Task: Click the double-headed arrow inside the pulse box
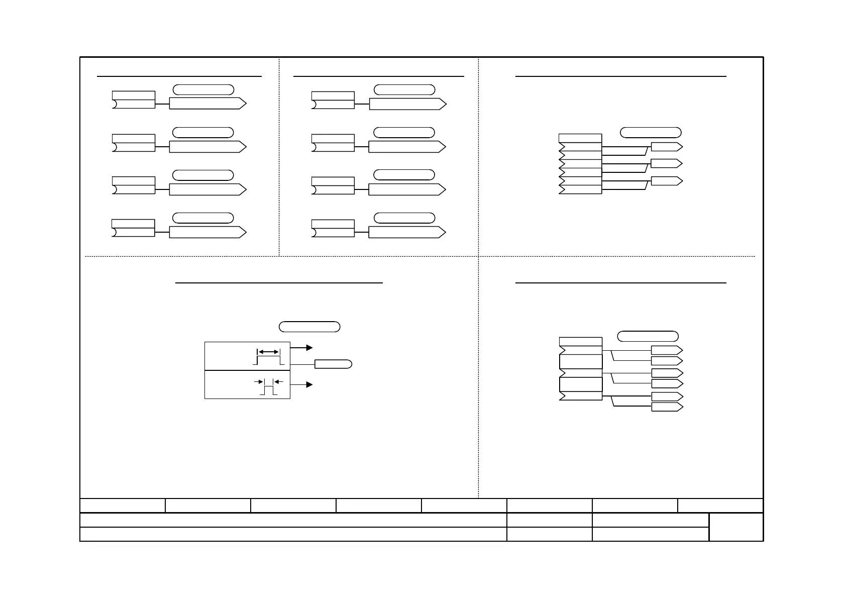pyautogui.click(x=268, y=352)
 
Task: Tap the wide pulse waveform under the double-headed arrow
pyautogui.click(x=268, y=360)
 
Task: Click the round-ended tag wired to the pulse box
pyautogui.click(x=333, y=364)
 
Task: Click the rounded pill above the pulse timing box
pyautogui.click(x=309, y=327)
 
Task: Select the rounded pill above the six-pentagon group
pyautogui.click(x=648, y=336)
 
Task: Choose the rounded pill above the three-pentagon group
pyautogui.click(x=651, y=133)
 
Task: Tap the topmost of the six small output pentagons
pyautogui.click(x=667, y=350)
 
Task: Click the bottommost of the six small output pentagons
pyautogui.click(x=667, y=407)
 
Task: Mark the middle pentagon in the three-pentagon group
pyautogui.click(x=667, y=163)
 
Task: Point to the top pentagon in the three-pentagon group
pyautogui.click(x=667, y=147)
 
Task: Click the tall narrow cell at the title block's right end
pyautogui.click(x=736, y=527)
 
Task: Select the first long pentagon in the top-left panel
pyautogui.click(x=207, y=104)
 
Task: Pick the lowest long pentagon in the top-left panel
pyautogui.click(x=207, y=232)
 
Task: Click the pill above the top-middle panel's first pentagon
pyautogui.click(x=404, y=90)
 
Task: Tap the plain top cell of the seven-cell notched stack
pyautogui.click(x=580, y=138)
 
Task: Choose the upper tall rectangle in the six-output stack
pyautogui.click(x=581, y=361)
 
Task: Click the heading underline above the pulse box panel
pyautogui.click(x=279, y=283)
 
